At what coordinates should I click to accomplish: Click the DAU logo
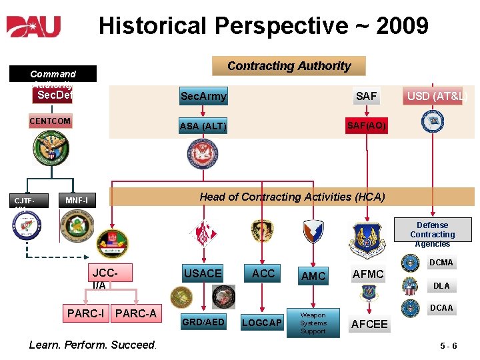tap(34, 27)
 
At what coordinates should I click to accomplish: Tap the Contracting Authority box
tap(289, 66)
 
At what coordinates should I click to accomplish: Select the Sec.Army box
tap(203, 97)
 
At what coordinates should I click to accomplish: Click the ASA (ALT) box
tap(203, 126)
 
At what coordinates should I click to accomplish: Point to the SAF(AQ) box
tap(366, 125)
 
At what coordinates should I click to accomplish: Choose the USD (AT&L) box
tap(437, 96)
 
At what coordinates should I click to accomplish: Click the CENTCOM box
tap(50, 121)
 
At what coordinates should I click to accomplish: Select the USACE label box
tap(203, 273)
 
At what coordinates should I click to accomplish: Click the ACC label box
tap(263, 273)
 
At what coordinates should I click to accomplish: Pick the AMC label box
tap(313, 276)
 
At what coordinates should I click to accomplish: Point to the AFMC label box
tap(368, 274)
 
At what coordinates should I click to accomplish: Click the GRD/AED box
tap(204, 322)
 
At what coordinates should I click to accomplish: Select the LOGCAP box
tap(261, 323)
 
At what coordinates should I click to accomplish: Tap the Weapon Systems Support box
tap(313, 323)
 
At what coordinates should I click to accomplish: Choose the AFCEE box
tap(369, 323)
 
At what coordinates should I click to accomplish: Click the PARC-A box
tap(136, 313)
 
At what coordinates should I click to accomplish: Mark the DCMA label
tap(441, 263)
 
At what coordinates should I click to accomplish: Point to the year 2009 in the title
tap(402, 27)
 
